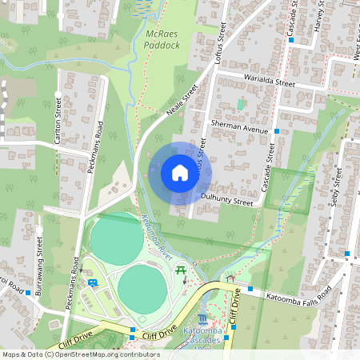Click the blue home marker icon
[x=180, y=173]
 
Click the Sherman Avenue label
[x=238, y=127]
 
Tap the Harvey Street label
[x=318, y=16]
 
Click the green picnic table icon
[x=182, y=271]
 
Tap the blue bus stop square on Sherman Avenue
[x=277, y=130]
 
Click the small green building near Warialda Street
[x=240, y=105]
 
